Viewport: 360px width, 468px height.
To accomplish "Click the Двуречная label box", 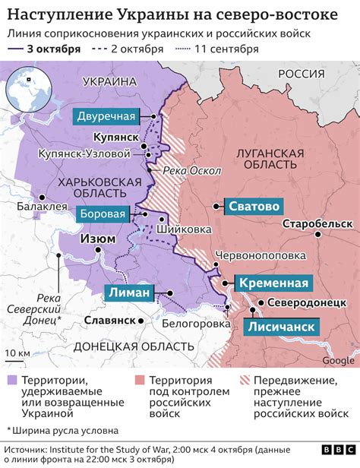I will pyautogui.click(x=106, y=116).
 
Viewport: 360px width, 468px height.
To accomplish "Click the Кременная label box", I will pyautogui.click(x=273, y=283).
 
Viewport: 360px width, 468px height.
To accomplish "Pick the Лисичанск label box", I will pyautogui.click(x=279, y=327).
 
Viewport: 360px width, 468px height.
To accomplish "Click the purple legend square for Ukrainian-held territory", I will pyautogui.click(x=12, y=379).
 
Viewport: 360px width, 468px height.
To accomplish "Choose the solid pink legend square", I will pyautogui.click(x=137, y=379).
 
